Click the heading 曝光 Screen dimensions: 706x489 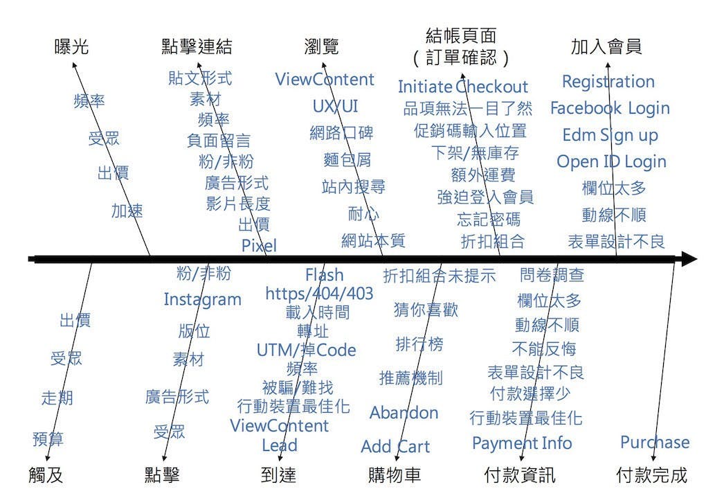pyautogui.click(x=71, y=46)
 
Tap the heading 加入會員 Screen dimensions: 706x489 pyautogui.click(x=606, y=46)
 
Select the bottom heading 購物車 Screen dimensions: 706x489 pyautogui.click(x=395, y=475)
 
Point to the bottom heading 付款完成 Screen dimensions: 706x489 pyautogui.click(x=651, y=475)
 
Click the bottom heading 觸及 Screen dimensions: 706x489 pyautogui.click(x=46, y=475)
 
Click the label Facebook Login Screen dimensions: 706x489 pyautogui.click(x=610, y=108)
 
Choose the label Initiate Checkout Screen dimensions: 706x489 pyautogui.click(x=463, y=87)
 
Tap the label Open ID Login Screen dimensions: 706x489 pyautogui.click(x=611, y=161)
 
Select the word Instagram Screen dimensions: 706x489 pyautogui.click(x=203, y=300)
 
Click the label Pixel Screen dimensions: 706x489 pyautogui.click(x=259, y=246)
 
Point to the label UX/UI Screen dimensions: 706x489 pyautogui.click(x=336, y=107)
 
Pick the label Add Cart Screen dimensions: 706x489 pyautogui.click(x=395, y=447)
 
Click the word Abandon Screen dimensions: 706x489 pyautogui.click(x=404, y=413)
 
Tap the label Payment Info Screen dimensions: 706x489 pyautogui.click(x=522, y=443)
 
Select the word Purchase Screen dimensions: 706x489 pyautogui.click(x=655, y=442)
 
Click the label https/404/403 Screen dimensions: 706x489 pyautogui.click(x=319, y=294)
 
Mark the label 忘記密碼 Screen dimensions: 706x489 pyautogui.click(x=489, y=220)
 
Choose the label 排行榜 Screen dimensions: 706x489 pyautogui.click(x=419, y=344)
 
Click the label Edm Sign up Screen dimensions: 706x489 pyautogui.click(x=610, y=135)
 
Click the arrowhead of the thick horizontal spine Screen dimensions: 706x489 pyautogui.click(x=692, y=259)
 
